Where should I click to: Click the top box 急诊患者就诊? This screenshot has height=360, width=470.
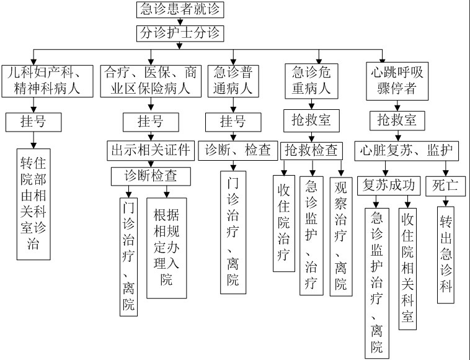(x=180, y=11)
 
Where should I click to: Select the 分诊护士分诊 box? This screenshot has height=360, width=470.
(x=180, y=32)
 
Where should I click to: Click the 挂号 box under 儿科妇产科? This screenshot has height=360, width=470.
(x=35, y=122)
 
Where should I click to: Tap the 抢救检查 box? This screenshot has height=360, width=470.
(x=311, y=150)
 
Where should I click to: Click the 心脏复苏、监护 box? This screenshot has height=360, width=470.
(x=407, y=150)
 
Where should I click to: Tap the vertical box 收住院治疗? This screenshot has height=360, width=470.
(x=283, y=223)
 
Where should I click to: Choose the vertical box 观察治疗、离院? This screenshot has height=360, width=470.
(x=341, y=236)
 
